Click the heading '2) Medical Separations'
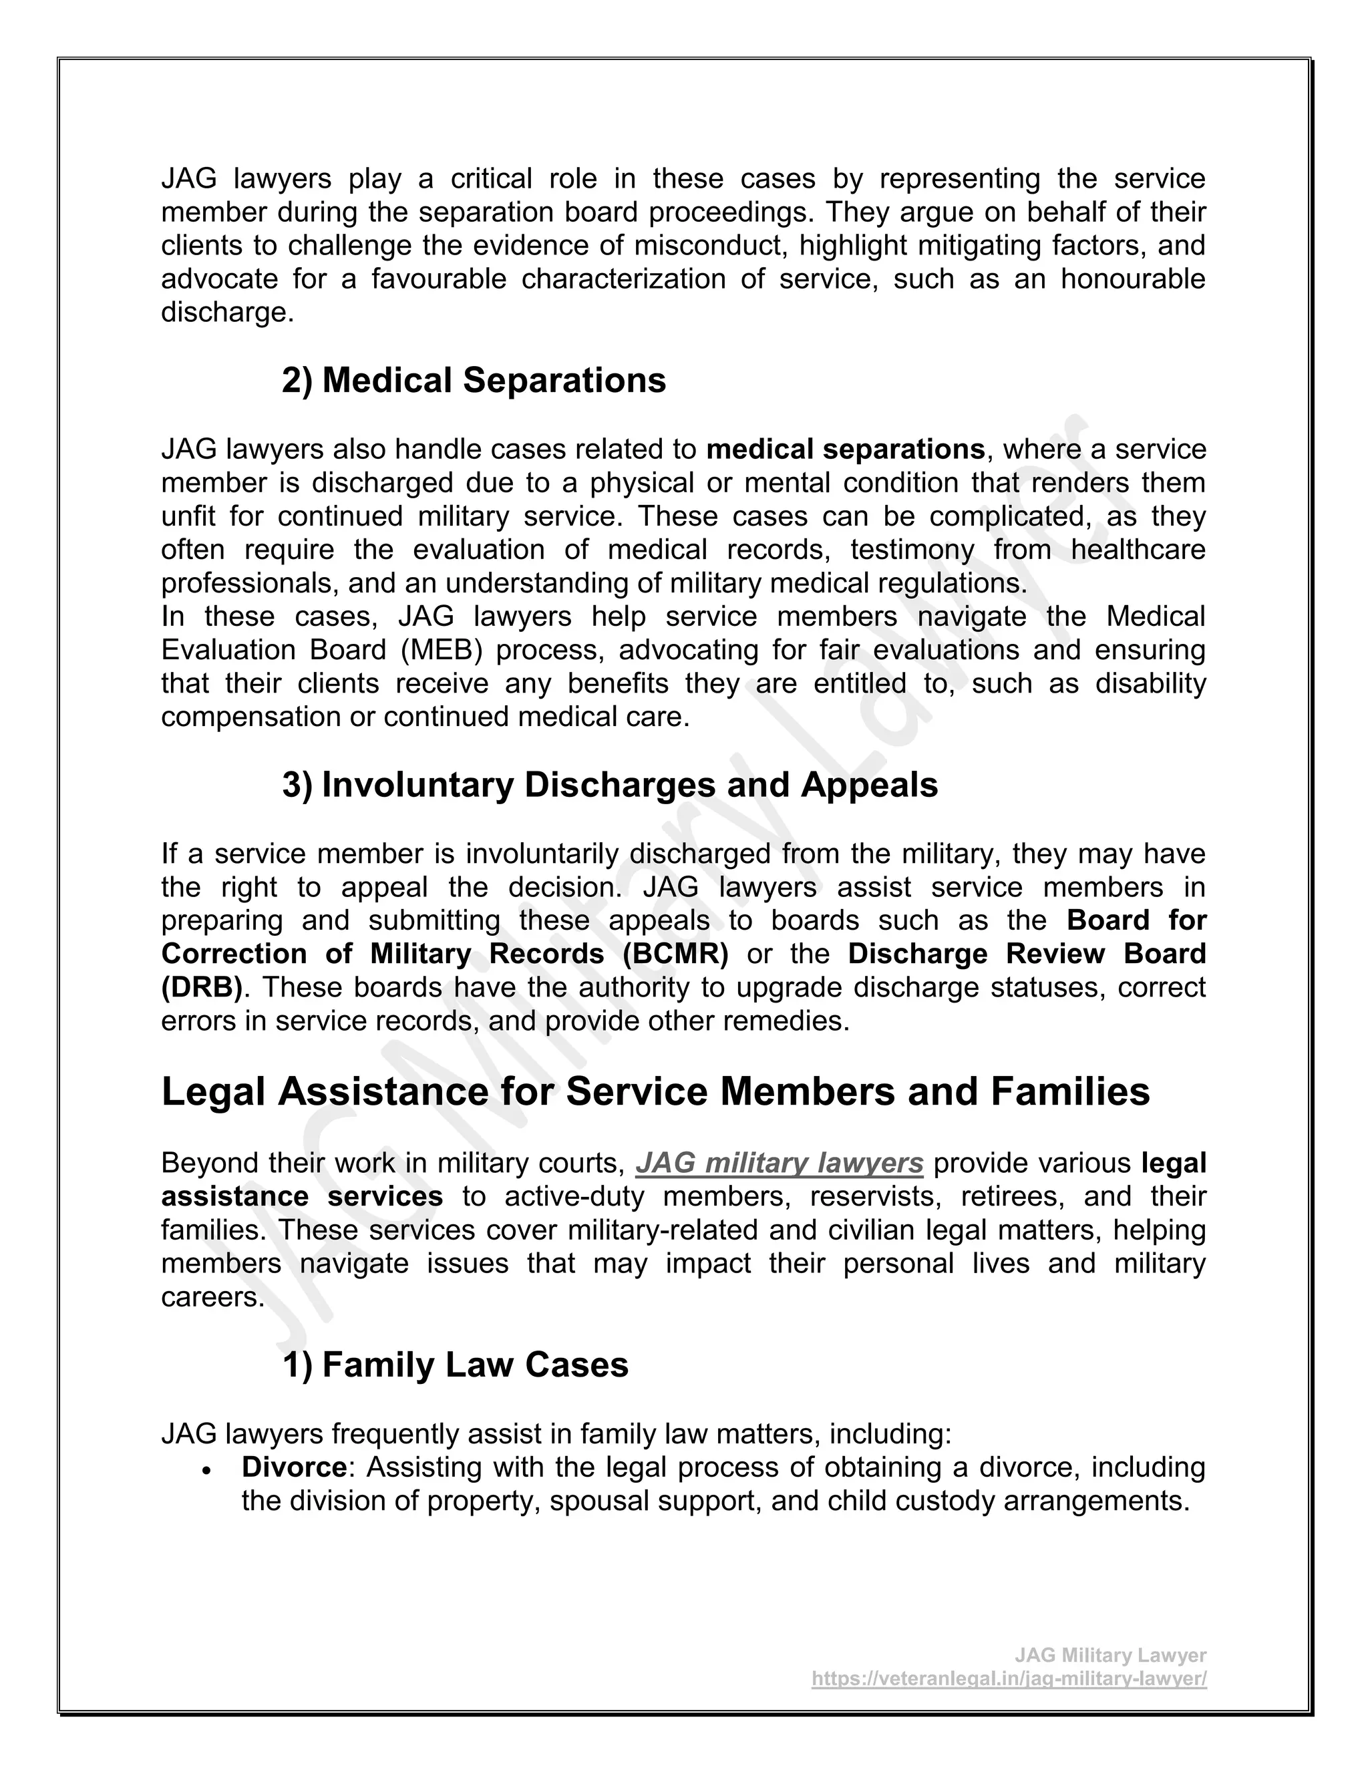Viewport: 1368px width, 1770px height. (x=474, y=381)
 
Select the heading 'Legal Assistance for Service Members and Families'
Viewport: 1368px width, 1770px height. (x=655, y=1091)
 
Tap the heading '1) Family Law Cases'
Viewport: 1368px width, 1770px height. (x=455, y=1365)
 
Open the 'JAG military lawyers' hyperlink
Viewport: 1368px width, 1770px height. (x=779, y=1163)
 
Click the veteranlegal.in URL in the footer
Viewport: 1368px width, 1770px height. (x=1009, y=1678)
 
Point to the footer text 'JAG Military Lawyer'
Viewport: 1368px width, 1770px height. (x=1110, y=1655)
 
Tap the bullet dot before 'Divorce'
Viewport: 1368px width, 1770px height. (x=208, y=1469)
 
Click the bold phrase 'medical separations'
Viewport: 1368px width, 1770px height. (x=845, y=449)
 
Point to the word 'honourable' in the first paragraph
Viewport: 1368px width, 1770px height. (x=1132, y=279)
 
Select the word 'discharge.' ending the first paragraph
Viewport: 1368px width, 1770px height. (x=227, y=312)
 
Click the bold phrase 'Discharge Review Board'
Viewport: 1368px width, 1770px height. (x=1027, y=954)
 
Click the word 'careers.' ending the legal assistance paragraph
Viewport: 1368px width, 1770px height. (x=213, y=1296)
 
